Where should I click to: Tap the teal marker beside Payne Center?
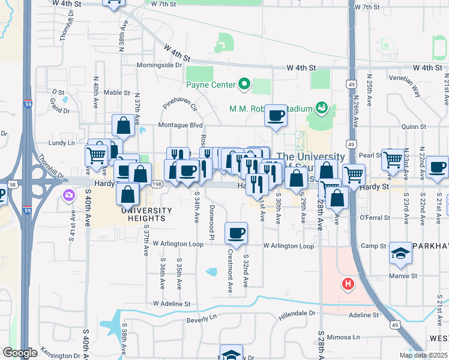[x=244, y=85]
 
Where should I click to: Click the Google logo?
[x=20, y=353]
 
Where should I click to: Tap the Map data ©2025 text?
[x=423, y=355]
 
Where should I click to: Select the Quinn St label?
[x=414, y=127]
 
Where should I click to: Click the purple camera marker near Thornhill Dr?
[x=68, y=194]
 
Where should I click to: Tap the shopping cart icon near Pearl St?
[x=393, y=160]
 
